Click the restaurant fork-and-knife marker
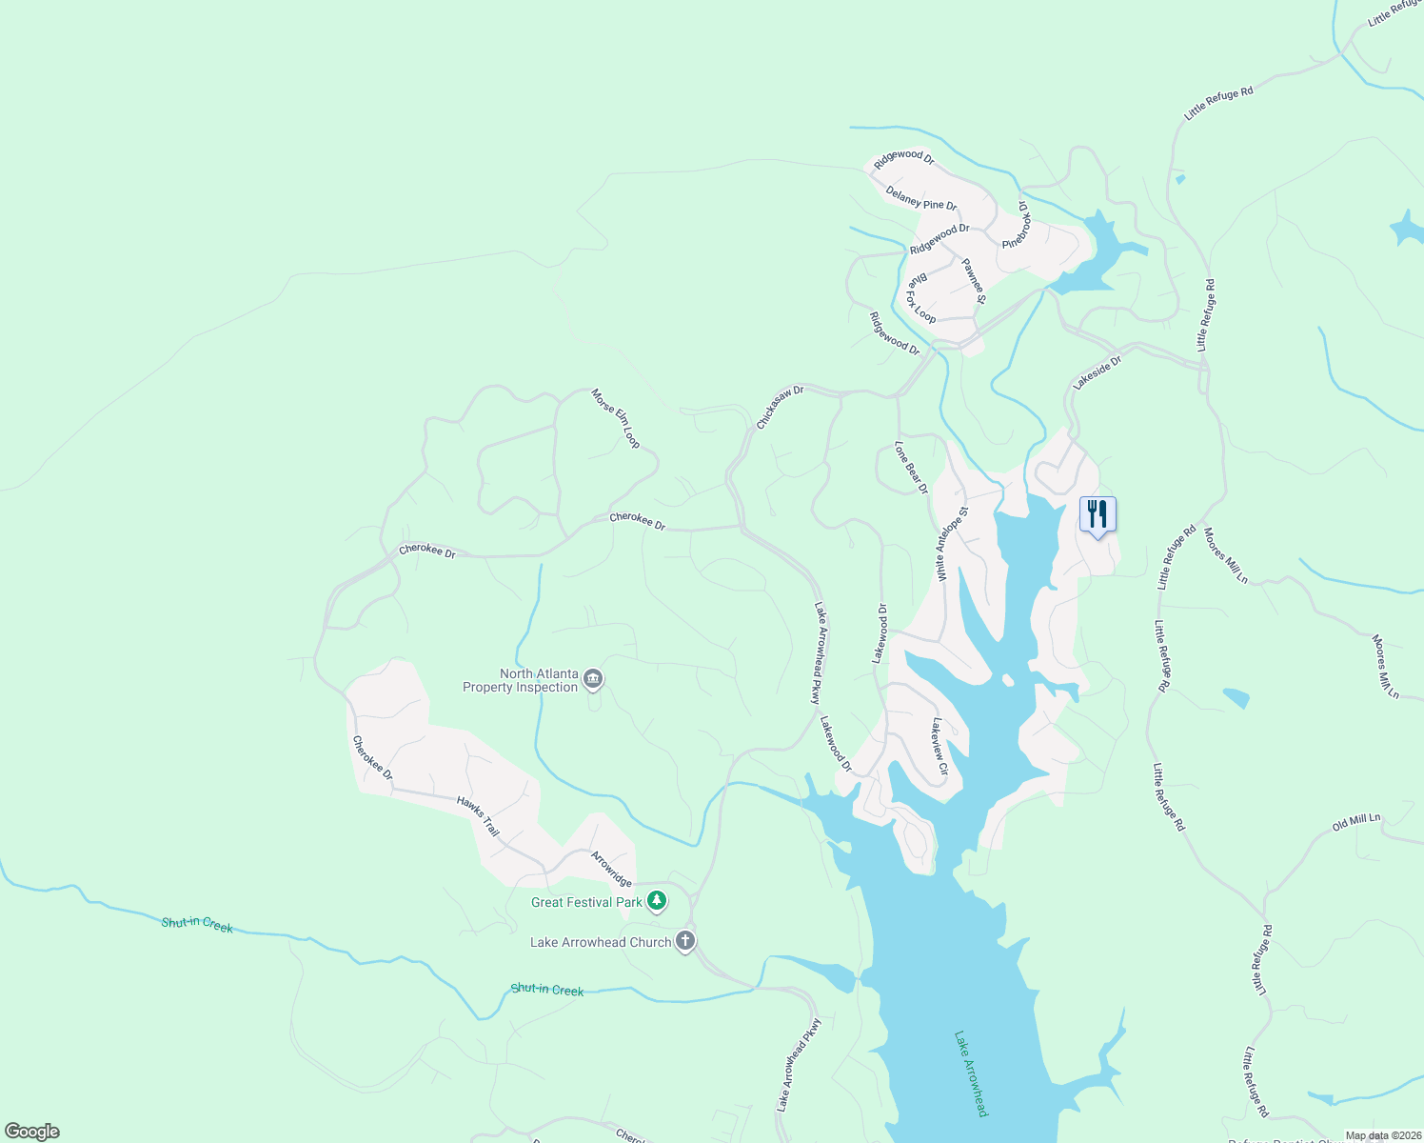(x=1098, y=515)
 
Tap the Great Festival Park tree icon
(x=656, y=900)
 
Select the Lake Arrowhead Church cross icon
(x=684, y=942)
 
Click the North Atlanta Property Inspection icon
(x=593, y=679)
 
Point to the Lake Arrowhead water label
(x=971, y=1073)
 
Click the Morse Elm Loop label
(x=616, y=418)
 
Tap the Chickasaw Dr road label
(x=780, y=407)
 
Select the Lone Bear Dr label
(x=911, y=467)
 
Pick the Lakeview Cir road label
(x=939, y=746)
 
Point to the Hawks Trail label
(x=478, y=816)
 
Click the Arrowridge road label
(x=611, y=869)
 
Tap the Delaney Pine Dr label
(x=920, y=198)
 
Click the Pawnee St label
(x=974, y=281)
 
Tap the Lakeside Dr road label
(x=1098, y=373)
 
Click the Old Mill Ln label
(x=1355, y=822)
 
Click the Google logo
(x=32, y=1132)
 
